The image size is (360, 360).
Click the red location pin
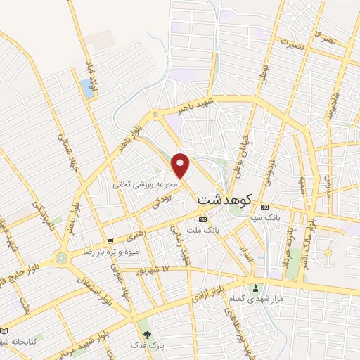click(181, 165)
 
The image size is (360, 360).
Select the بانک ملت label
click(207, 230)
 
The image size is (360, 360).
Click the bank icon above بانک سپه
click(264, 207)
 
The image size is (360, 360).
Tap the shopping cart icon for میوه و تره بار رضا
click(110, 240)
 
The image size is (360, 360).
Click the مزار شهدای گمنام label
click(252, 300)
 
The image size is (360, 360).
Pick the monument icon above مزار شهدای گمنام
click(255, 287)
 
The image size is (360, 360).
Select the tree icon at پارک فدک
click(147, 335)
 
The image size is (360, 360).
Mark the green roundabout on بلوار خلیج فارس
click(61, 258)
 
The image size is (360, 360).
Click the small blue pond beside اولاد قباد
click(87, 88)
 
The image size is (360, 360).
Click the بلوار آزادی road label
click(208, 296)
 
